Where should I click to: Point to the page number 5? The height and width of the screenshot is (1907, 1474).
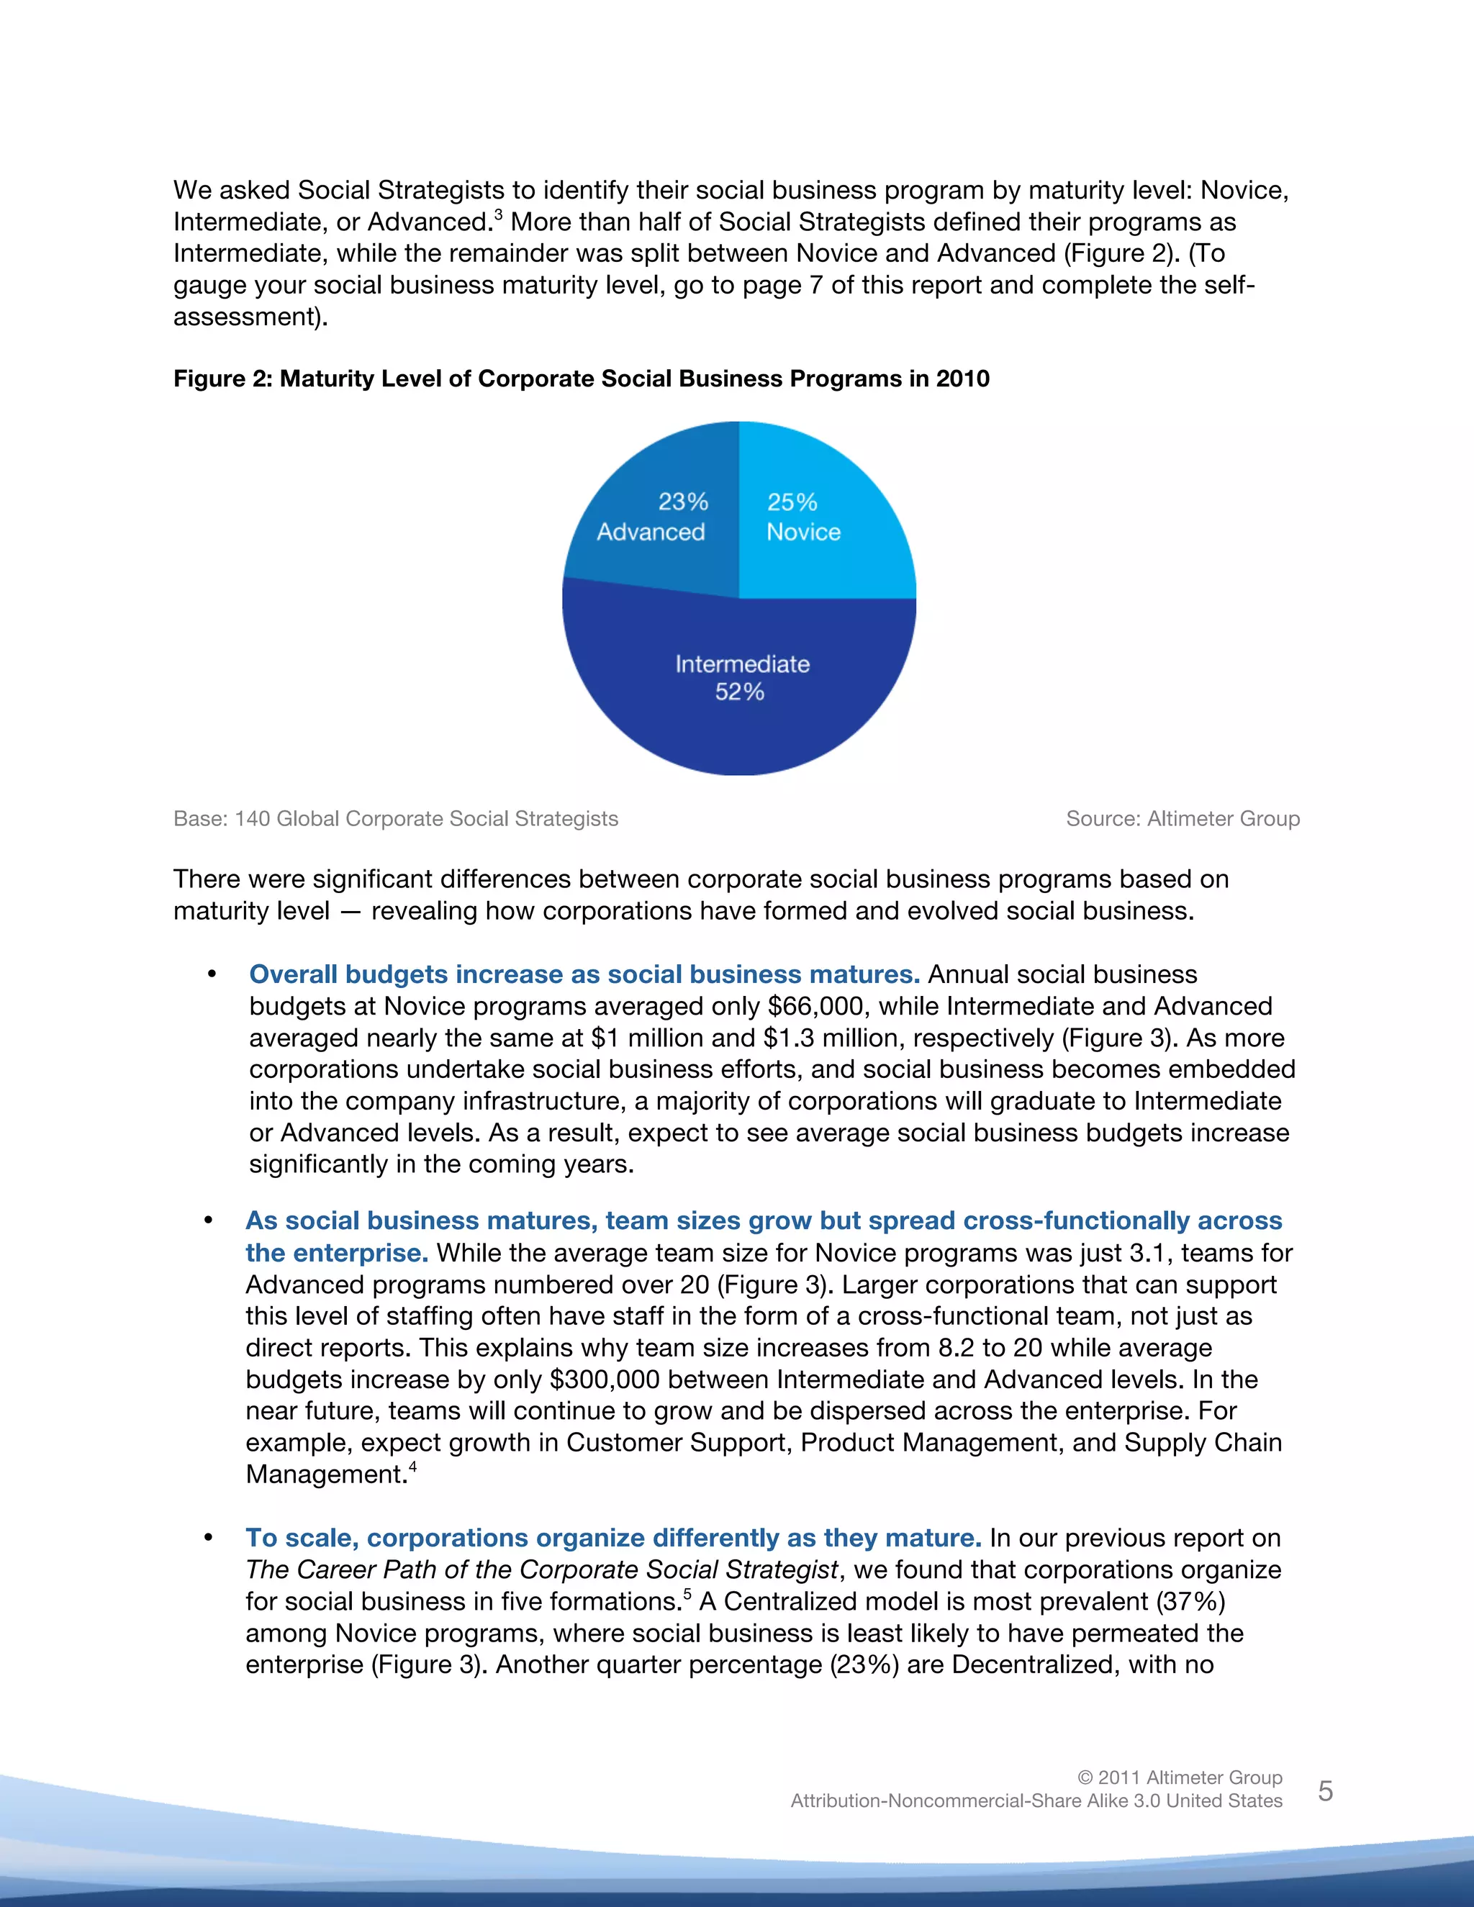[x=1325, y=1791]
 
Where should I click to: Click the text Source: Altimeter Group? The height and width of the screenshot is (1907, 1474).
[x=1183, y=818]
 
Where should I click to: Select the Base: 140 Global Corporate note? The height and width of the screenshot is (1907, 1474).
[x=396, y=818]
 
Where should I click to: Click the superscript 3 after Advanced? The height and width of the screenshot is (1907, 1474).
[x=499, y=214]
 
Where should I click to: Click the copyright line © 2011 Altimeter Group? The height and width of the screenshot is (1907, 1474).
[x=1179, y=1777]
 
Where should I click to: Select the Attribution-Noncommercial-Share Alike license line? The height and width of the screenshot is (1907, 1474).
[x=1036, y=1800]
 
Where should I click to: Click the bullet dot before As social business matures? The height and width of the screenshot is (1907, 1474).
[x=209, y=1220]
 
